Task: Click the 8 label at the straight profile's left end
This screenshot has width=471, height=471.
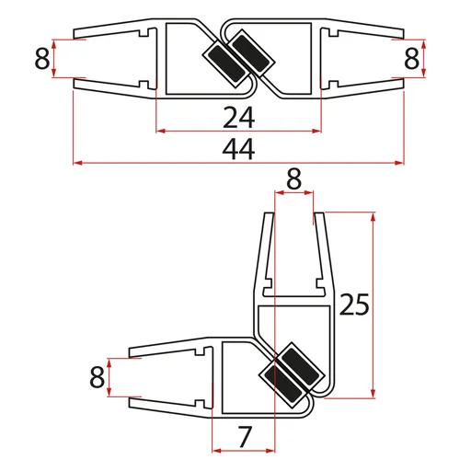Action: (41, 60)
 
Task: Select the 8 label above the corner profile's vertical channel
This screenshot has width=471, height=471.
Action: (294, 180)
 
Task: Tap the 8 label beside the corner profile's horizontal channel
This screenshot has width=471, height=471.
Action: (96, 377)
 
